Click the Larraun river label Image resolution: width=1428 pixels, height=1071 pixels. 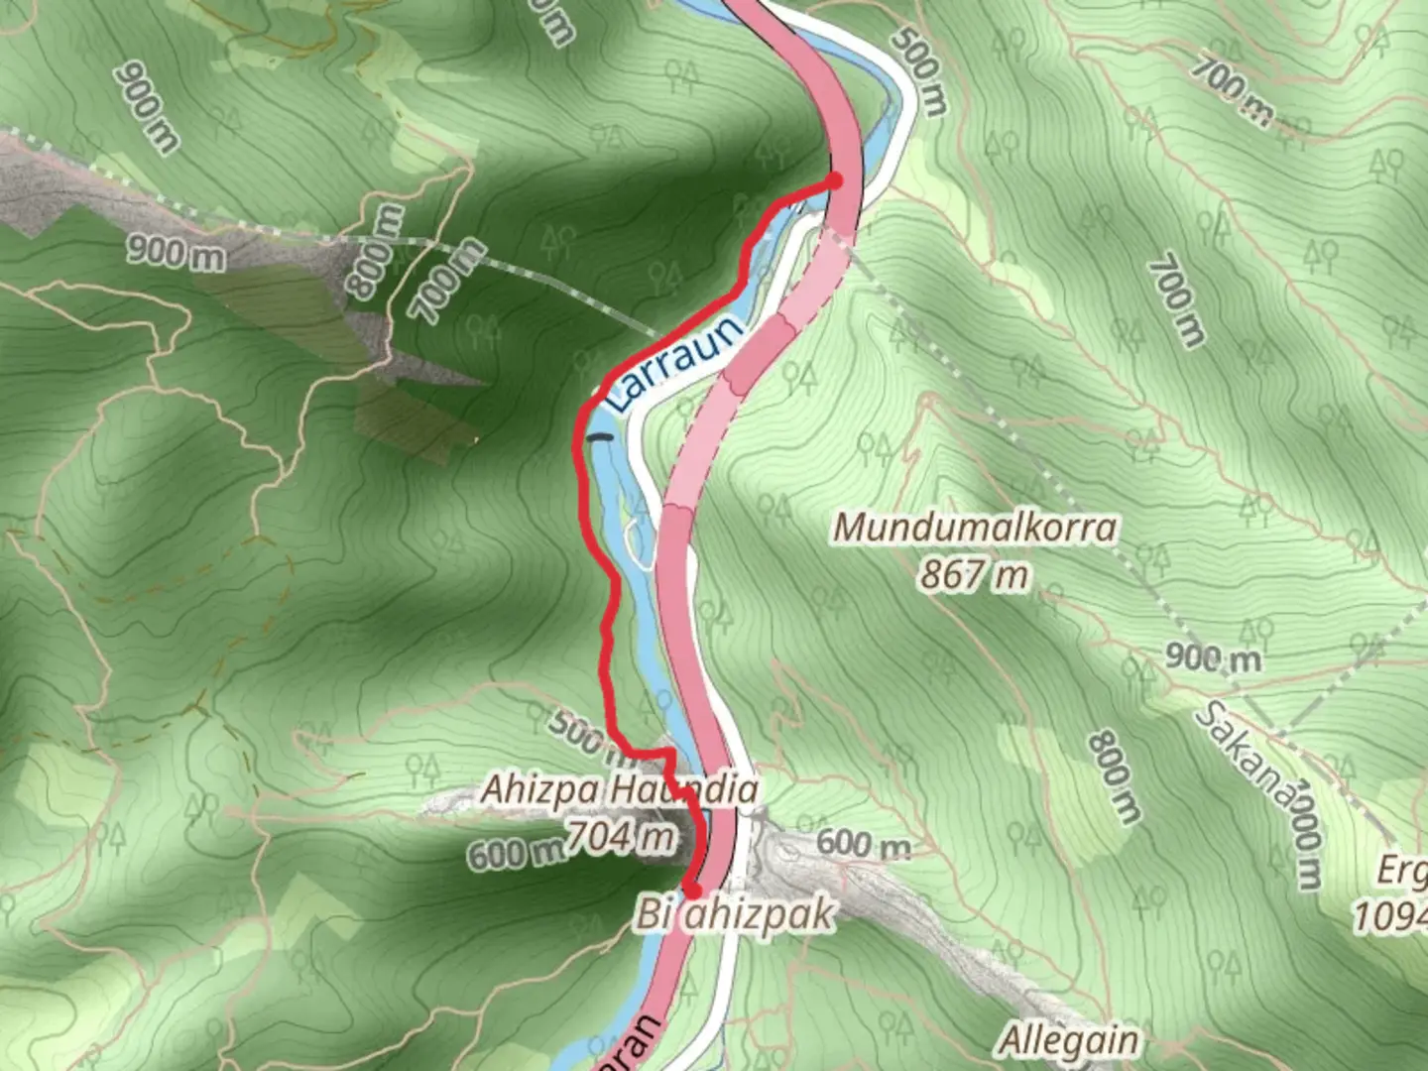(674, 363)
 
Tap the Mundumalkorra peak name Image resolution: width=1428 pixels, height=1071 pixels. (975, 528)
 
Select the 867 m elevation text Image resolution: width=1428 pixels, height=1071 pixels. (973, 574)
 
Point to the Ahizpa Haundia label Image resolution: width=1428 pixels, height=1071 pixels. (620, 790)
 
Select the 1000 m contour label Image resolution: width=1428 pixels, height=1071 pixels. (1307, 834)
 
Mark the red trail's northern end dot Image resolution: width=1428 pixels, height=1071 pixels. (835, 180)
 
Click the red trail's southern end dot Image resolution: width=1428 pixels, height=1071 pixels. (692, 890)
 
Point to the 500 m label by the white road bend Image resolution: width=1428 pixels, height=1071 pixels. (918, 70)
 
